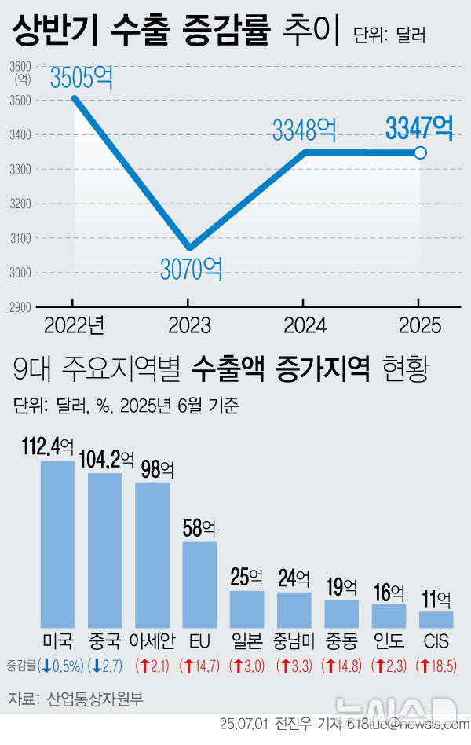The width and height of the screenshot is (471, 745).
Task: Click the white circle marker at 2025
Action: click(x=420, y=152)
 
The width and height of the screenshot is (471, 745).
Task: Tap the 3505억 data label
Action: click(x=82, y=78)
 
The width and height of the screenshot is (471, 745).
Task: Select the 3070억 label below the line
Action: click(x=192, y=270)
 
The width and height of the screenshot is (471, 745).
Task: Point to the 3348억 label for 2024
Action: click(x=305, y=130)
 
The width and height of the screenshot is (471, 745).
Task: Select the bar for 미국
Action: click(x=57, y=542)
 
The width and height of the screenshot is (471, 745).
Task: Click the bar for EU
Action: click(x=199, y=582)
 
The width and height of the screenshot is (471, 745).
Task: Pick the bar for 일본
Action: click(x=246, y=607)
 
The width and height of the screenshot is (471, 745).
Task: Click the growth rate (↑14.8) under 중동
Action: click(x=341, y=666)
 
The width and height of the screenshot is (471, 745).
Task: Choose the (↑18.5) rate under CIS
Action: click(x=436, y=666)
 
